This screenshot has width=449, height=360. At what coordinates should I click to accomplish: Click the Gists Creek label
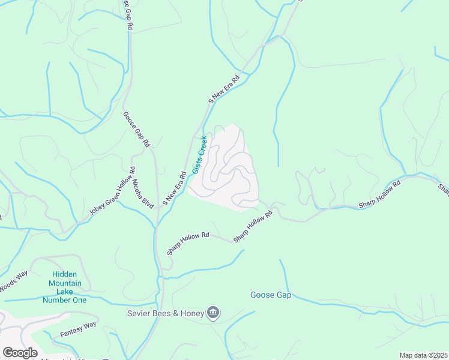(199, 155)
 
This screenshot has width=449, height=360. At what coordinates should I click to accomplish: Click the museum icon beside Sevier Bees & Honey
(212, 312)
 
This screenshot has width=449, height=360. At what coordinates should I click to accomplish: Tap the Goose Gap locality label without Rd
(271, 295)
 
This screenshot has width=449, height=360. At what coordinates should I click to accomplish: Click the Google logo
(20, 353)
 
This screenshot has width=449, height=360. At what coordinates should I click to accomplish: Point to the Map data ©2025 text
(423, 355)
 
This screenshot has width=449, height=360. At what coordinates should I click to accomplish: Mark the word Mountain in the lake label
(65, 283)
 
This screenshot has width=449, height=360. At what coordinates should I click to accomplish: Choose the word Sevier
(139, 313)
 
